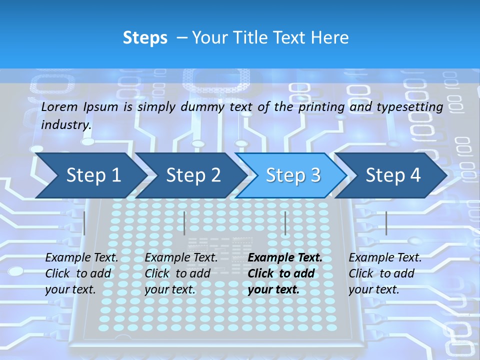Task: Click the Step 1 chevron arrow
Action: coord(90,175)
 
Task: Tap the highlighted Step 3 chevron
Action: coord(292,175)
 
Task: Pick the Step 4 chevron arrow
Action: coord(392,175)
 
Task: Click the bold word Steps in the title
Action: coord(145,37)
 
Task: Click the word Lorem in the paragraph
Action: coord(59,106)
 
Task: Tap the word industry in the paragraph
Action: coord(66,124)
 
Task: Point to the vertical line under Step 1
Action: coord(84,223)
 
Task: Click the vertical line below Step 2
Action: coord(184,223)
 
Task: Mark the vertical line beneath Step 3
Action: coord(285,223)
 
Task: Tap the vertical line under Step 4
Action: coord(386,223)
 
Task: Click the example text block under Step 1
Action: coord(81,273)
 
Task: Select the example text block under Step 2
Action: coord(181,273)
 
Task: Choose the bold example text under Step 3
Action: coord(284,273)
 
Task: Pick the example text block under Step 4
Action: coord(385,273)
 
